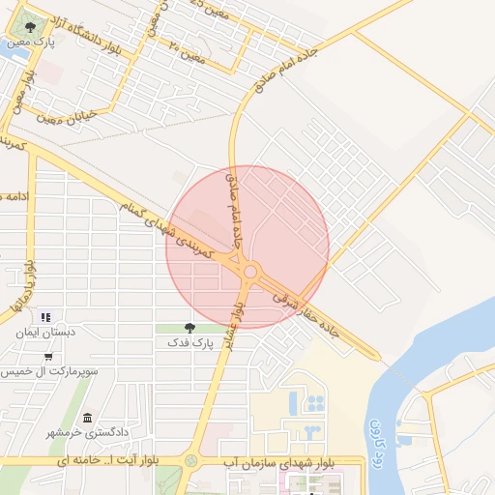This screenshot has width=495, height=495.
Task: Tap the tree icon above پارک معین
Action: pos(32,27)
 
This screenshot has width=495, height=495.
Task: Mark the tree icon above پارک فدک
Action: pos(189,329)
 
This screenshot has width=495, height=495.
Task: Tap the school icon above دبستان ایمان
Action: pos(44,317)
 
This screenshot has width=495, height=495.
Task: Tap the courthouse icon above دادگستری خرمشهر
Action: pos(88,418)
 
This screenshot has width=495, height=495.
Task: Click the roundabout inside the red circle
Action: pos(250,272)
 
